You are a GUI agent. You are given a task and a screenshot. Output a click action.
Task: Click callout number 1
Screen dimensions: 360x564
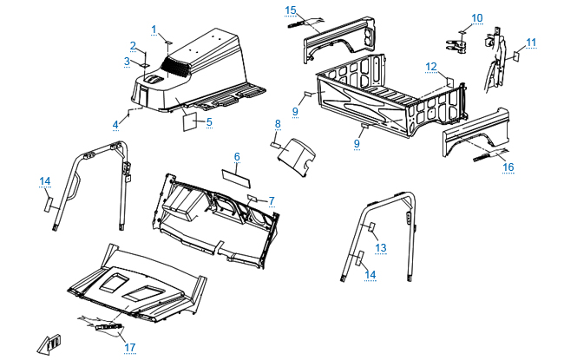154,29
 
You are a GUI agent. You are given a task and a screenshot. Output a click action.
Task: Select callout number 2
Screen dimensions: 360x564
133,45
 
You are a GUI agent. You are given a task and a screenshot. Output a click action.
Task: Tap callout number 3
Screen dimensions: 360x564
127,62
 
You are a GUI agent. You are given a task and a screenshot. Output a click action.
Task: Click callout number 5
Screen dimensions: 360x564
208,122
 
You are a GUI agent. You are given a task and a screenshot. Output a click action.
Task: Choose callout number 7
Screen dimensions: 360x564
271,200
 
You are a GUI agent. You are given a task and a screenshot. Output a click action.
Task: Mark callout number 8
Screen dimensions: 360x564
277,124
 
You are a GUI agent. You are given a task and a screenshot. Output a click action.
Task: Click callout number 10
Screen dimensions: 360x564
477,17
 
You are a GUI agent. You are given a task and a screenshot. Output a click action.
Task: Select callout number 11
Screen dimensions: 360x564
531,42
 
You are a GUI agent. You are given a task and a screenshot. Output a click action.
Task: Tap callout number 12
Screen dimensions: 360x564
430,66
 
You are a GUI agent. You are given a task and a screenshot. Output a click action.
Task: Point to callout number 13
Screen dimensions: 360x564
380,248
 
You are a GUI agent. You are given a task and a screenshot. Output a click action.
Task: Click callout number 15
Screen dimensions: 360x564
291,10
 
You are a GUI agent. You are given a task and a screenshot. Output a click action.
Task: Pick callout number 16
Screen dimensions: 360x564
508,167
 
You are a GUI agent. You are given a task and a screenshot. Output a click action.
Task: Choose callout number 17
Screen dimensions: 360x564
129,347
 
